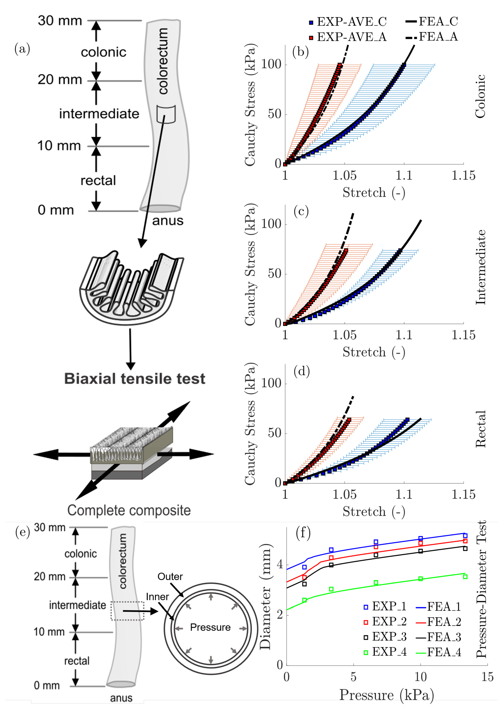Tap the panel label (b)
(300, 52)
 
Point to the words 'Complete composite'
(129, 510)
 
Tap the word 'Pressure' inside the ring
(210, 627)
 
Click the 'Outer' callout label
(170, 577)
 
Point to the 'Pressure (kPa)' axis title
(386, 695)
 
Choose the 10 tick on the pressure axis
(421, 677)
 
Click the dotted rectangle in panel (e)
(127, 611)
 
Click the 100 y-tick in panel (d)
(271, 383)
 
